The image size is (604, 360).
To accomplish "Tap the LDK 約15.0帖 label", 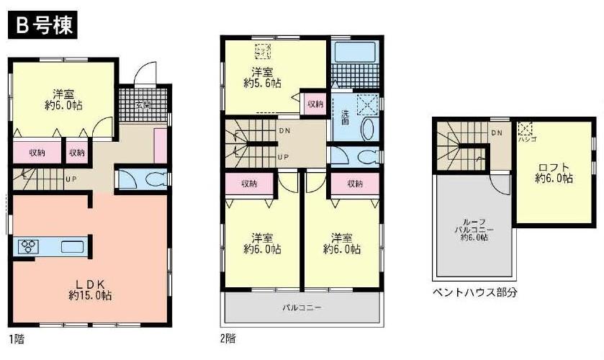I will [x=90, y=288].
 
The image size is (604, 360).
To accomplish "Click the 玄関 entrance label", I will [x=143, y=104].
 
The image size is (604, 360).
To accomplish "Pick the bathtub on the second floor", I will [x=356, y=55].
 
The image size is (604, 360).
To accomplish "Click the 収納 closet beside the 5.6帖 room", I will [x=315, y=104].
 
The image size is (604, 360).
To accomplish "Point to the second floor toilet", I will [x=364, y=158].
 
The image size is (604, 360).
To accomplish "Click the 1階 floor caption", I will [x=15, y=338].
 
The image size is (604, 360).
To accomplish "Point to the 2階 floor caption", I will [x=226, y=338].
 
